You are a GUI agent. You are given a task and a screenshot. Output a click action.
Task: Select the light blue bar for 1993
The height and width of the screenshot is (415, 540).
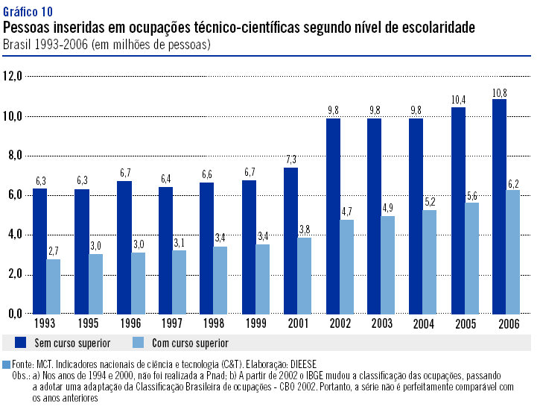[x=53, y=286]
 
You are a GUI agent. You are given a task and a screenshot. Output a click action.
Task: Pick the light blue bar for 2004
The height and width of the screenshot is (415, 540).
[x=430, y=262]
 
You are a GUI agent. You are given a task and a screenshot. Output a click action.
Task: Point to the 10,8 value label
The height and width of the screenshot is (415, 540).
[x=499, y=93]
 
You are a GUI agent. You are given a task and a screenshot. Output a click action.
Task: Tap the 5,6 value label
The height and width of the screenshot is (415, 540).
[x=471, y=196]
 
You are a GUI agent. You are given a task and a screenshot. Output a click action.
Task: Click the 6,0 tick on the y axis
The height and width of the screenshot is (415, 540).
[x=16, y=195]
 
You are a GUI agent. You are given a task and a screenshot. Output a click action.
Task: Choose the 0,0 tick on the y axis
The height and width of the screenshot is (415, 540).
[x=16, y=314]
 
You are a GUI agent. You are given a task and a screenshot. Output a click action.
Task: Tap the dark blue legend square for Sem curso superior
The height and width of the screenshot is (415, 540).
[x=19, y=342]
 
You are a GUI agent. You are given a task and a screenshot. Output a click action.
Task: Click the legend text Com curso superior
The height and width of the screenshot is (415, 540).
[x=189, y=343]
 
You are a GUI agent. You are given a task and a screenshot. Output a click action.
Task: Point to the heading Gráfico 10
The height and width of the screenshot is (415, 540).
[x=28, y=13]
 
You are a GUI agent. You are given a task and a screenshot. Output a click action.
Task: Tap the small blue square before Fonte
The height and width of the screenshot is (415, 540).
[x=7, y=365]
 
